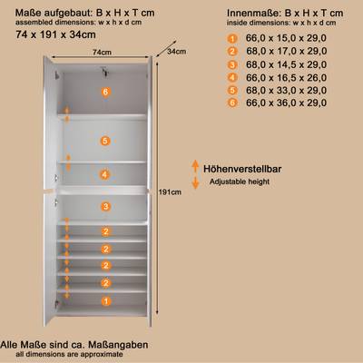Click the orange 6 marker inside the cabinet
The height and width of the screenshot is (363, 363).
click(105, 92)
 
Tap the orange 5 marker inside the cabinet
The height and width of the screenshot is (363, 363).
click(105, 141)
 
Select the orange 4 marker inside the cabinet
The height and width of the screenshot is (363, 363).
click(104, 174)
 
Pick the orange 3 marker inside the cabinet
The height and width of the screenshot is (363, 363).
click(105, 207)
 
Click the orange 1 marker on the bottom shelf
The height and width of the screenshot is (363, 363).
click(106, 301)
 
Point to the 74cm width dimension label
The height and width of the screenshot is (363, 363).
click(102, 53)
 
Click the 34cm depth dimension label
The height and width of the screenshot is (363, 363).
click(177, 52)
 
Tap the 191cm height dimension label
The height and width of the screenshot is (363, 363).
click(170, 192)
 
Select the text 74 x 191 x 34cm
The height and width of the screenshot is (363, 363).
click(55, 34)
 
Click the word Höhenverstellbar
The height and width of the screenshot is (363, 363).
click(242, 169)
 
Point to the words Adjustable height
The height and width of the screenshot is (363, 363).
click(240, 181)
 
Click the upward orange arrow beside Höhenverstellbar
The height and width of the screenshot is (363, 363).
click(195, 166)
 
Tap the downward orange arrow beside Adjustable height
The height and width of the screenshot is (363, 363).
click(195, 182)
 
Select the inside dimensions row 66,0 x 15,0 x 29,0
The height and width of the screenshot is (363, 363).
click(286, 38)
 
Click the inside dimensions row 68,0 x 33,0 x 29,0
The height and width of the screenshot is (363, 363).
click(286, 90)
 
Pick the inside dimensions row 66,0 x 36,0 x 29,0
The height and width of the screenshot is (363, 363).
click(286, 103)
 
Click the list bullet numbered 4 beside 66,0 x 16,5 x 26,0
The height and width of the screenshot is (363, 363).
click(232, 77)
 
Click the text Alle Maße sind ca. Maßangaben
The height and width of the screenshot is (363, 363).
click(74, 345)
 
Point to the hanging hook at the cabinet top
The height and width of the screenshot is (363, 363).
click(105, 72)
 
